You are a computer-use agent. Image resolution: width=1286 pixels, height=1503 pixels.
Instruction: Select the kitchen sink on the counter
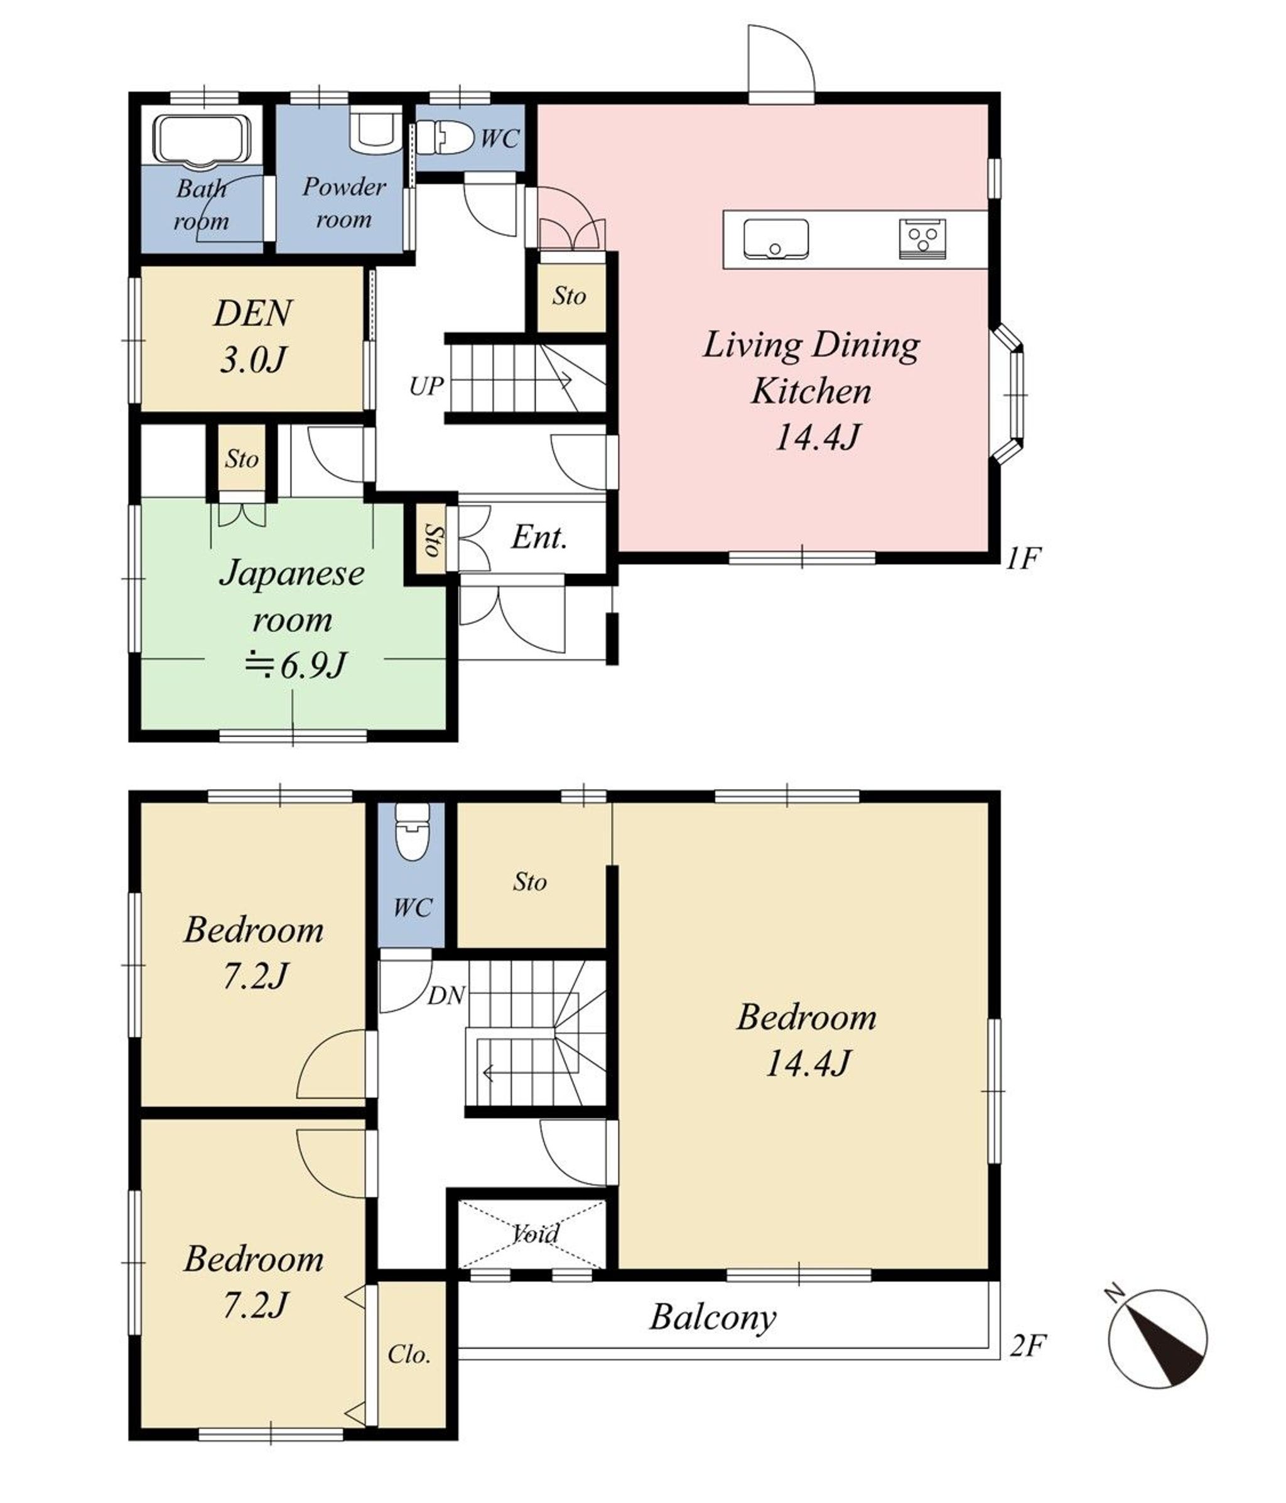point(775,239)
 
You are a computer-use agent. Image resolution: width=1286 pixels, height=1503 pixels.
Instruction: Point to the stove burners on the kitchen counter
point(922,239)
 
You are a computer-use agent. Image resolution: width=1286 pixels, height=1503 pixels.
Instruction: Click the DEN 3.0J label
point(253,337)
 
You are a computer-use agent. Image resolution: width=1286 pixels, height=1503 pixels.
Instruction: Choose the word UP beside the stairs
point(426,387)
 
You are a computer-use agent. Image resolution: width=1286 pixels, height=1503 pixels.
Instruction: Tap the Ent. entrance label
point(539,537)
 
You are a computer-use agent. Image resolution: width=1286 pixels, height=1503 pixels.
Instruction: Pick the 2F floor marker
point(1028,1346)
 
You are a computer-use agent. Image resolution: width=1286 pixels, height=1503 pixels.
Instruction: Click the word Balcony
point(712,1317)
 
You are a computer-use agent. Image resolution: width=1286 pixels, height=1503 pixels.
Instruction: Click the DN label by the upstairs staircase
point(446,996)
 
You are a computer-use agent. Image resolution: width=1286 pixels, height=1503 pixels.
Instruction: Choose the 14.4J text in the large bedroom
point(808,1064)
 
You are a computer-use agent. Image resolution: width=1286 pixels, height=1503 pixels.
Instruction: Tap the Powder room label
point(344,202)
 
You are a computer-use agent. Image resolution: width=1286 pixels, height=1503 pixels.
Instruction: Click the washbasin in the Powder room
point(375,129)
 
